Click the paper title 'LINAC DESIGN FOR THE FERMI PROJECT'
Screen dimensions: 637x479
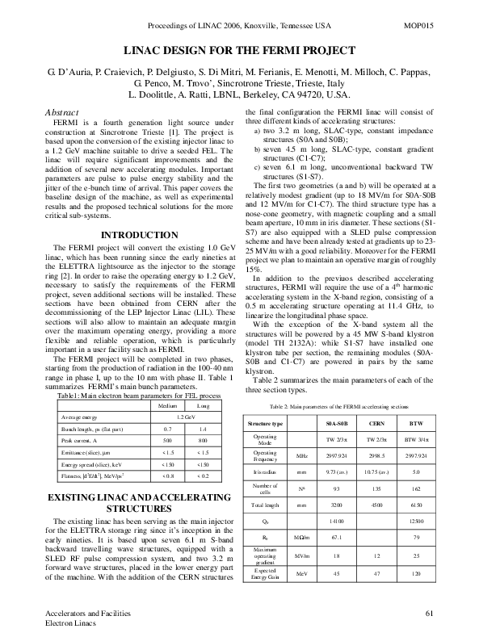coord(239,50)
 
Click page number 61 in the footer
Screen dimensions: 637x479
coord(431,614)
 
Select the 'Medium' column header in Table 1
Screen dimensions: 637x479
coord(168,406)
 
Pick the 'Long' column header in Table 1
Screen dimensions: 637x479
coord(203,406)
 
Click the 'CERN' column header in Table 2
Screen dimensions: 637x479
coord(378,423)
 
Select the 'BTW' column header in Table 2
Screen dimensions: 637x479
coord(417,423)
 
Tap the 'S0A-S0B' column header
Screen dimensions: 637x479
coord(337,423)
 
